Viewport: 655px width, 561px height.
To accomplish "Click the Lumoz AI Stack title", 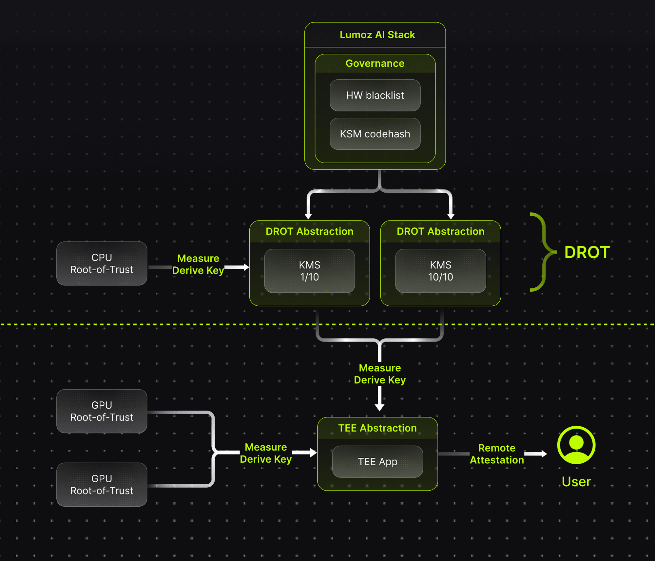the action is coord(377,35).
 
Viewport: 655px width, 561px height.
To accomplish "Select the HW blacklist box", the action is coord(375,95).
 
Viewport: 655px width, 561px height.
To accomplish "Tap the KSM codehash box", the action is coord(375,134).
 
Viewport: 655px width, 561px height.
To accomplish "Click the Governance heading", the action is coord(375,63).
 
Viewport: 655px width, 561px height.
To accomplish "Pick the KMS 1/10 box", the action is coord(309,271).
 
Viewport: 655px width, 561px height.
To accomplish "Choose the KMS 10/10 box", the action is coord(440,271).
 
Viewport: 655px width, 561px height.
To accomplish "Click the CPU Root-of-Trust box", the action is coord(102,263).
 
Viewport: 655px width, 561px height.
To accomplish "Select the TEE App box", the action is coord(377,461).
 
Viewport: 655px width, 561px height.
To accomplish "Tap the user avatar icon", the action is coord(576,445).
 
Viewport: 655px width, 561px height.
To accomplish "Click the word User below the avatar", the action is coord(576,482).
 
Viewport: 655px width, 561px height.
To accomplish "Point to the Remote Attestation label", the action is coord(497,454).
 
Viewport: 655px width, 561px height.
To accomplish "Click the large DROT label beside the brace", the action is coord(587,252).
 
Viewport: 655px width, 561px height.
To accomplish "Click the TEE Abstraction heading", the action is coord(377,428).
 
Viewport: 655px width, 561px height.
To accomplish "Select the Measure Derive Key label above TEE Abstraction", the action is coord(379,374).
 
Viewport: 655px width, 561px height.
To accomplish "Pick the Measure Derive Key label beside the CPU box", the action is coord(198,264).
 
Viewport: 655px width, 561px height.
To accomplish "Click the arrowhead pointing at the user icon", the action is coord(544,454).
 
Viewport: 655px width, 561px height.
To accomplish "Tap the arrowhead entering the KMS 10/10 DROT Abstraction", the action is coord(451,216).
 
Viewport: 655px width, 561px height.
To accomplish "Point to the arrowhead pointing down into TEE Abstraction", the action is coord(379,407).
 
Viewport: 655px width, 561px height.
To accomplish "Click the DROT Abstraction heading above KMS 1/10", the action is coord(309,231).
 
